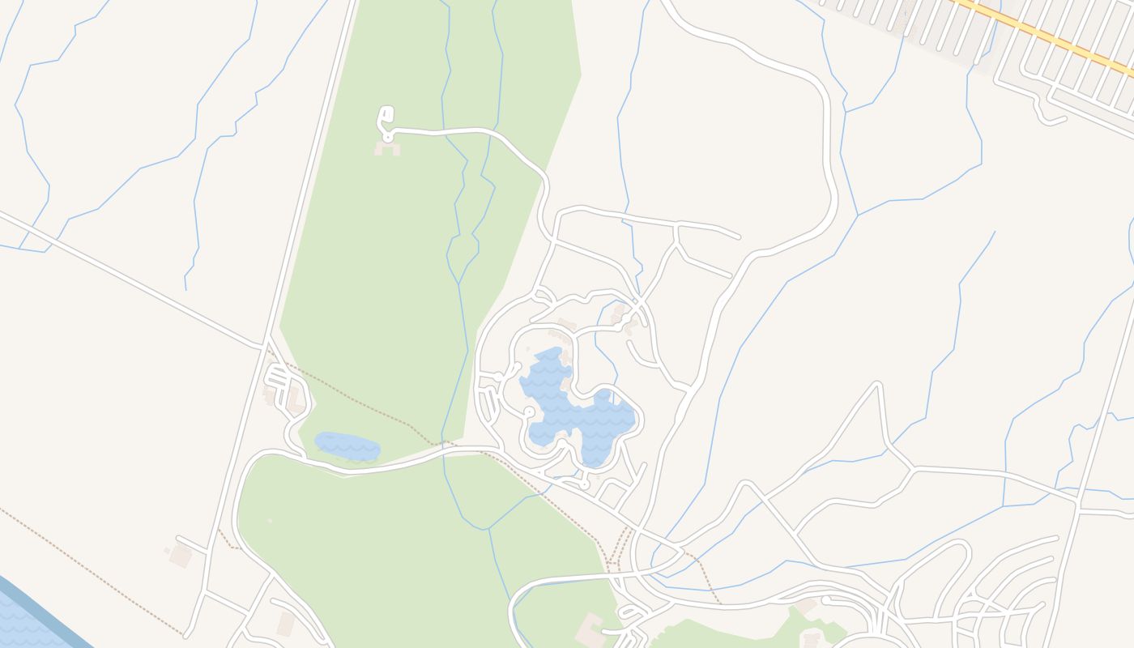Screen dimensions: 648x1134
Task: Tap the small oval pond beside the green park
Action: click(347, 446)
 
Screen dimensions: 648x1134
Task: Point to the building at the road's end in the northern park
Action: click(386, 148)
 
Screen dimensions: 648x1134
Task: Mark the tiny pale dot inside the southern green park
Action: click(269, 521)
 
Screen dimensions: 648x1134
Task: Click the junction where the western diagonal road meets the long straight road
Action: click(265, 347)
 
